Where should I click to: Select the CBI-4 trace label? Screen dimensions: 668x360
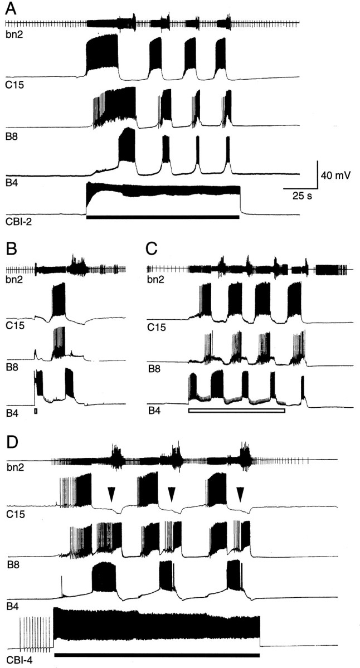tap(17, 662)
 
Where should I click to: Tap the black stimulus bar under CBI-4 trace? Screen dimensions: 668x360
tap(157, 655)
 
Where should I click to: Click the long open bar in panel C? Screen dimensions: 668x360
tap(237, 411)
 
